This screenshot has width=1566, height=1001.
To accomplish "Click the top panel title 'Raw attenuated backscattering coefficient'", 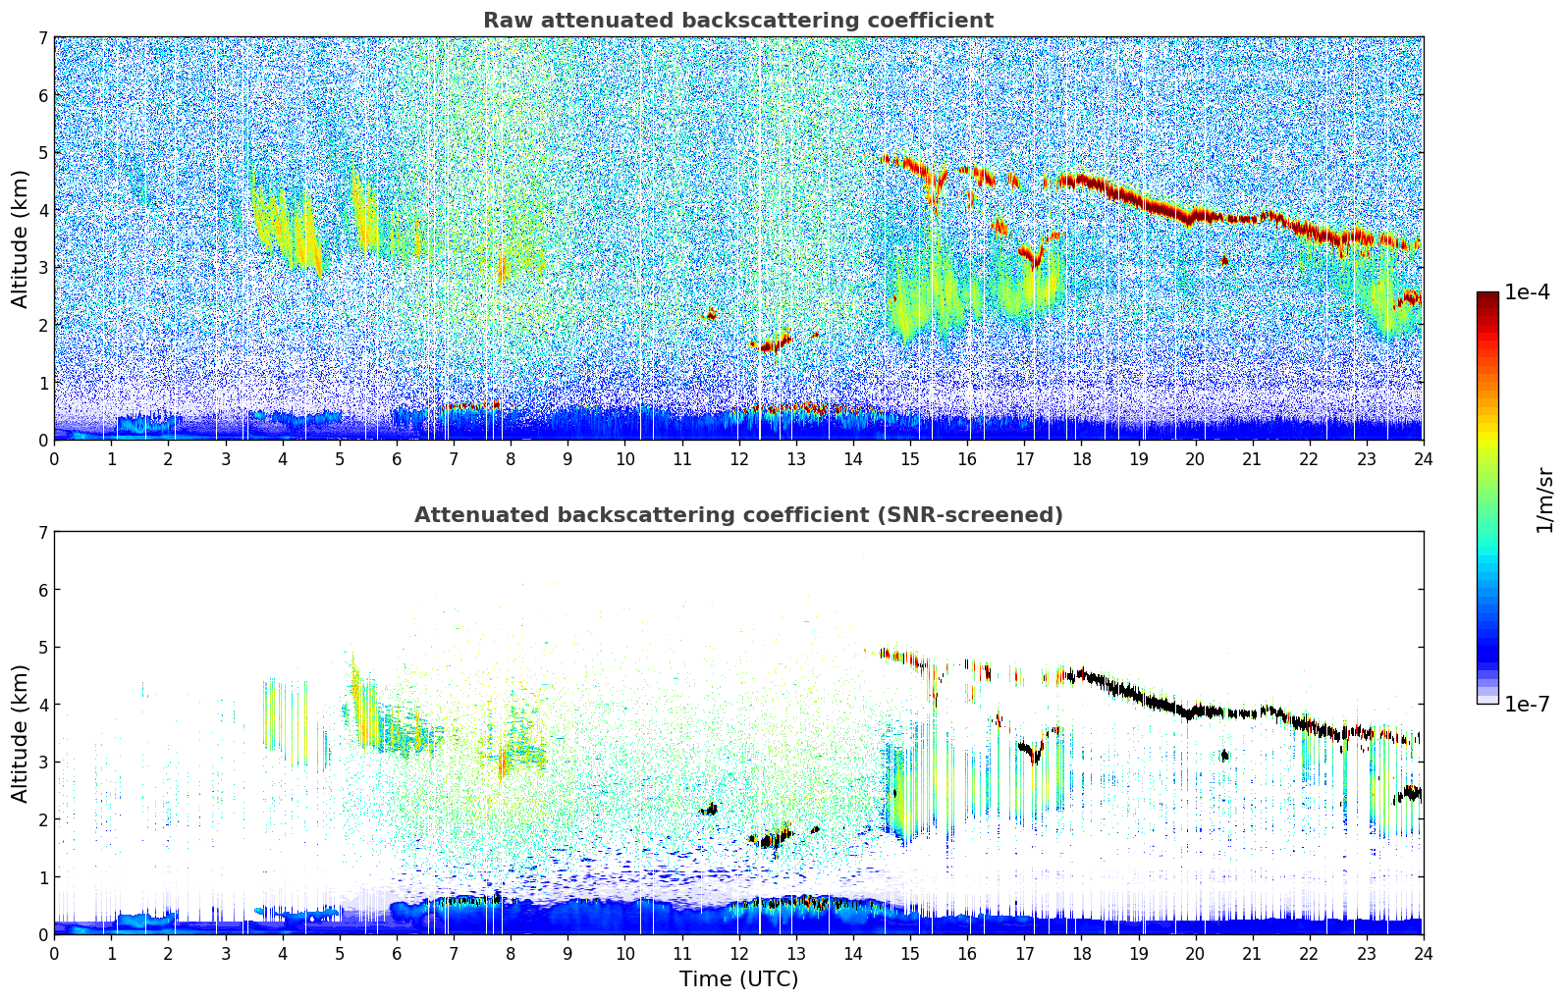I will tap(737, 21).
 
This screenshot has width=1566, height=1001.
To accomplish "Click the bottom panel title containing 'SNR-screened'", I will tap(737, 515).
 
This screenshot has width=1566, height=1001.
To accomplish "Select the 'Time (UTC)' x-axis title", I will tap(738, 979).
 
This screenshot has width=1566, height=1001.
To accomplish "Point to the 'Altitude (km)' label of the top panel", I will tap(21, 238).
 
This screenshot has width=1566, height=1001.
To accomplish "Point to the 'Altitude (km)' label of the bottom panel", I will tap(21, 733).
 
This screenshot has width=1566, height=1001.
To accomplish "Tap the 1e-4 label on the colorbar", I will tap(1527, 292).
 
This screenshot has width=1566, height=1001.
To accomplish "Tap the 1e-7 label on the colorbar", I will tap(1527, 705).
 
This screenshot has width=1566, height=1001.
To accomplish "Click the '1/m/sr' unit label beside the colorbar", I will tap(1544, 500).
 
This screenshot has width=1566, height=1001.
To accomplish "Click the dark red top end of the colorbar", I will tap(1486, 295).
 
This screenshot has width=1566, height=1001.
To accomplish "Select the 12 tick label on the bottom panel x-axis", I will tap(738, 954).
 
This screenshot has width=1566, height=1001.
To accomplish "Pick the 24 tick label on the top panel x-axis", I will tap(1423, 459).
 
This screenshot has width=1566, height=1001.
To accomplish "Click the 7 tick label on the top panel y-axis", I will tap(43, 38).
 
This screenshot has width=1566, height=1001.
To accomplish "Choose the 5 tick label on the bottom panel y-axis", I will tap(43, 648).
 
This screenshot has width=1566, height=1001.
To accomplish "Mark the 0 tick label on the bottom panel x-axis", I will tap(54, 954).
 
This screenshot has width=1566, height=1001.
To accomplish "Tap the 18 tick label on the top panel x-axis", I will tap(1081, 459).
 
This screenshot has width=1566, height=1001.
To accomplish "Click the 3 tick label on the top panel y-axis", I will tap(43, 268).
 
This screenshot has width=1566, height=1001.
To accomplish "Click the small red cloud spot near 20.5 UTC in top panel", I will tap(1223, 260).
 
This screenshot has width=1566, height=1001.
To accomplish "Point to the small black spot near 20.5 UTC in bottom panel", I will tap(1223, 755).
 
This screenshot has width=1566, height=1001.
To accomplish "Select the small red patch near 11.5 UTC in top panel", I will tap(710, 314).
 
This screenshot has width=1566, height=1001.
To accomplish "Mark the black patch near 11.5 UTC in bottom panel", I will tap(710, 809).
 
